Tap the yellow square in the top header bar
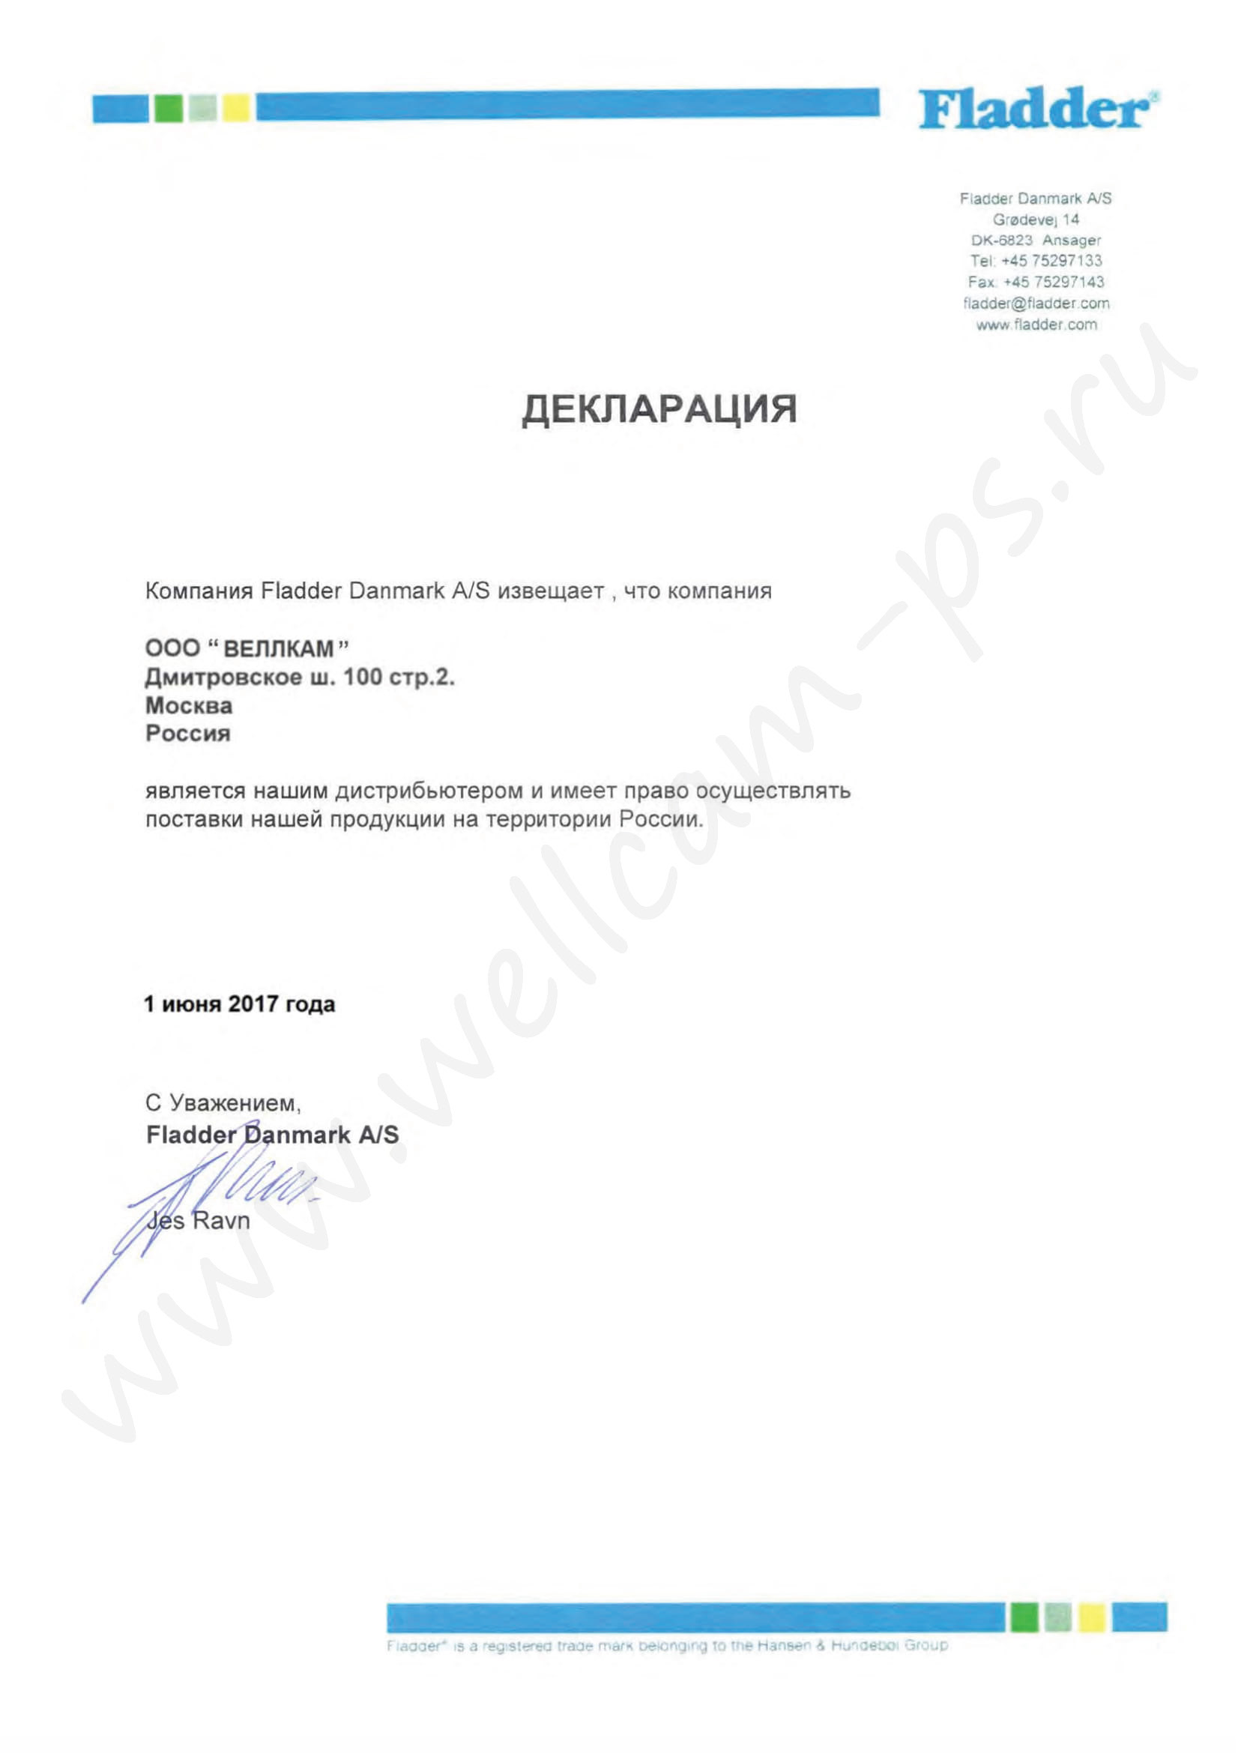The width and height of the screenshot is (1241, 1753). click(236, 107)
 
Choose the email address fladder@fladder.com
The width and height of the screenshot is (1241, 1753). click(1036, 304)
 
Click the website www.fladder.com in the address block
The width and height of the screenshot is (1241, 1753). click(1036, 325)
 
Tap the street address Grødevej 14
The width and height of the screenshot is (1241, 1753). click(1036, 220)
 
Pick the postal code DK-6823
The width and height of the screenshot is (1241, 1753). click(1001, 240)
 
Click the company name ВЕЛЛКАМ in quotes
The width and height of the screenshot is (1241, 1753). click(279, 649)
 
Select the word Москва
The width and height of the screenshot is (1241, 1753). click(189, 705)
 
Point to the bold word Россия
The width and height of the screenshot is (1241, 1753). click(188, 734)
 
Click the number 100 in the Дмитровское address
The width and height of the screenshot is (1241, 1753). click(362, 677)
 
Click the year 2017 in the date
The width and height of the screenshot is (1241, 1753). click(253, 1004)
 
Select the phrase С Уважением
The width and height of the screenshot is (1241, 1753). click(223, 1102)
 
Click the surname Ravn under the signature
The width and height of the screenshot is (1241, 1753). click(221, 1220)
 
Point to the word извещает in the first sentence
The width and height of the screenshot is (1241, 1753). click(550, 591)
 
